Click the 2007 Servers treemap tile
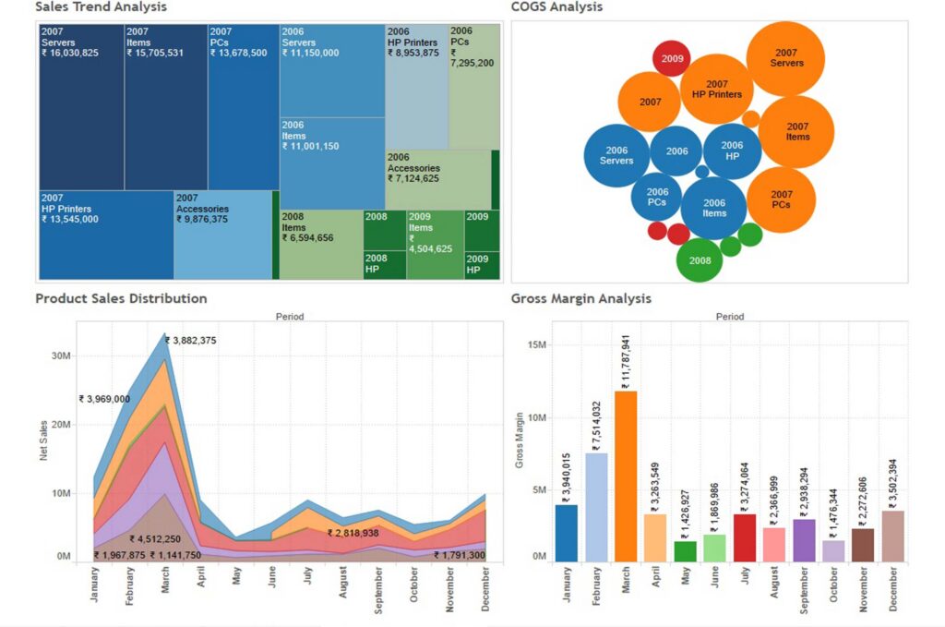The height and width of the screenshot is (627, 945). click(81, 106)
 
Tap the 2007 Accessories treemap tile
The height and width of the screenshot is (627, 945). click(222, 235)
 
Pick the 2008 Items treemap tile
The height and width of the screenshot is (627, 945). click(321, 244)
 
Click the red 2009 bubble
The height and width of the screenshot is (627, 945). click(672, 58)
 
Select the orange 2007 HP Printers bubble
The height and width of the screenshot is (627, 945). click(717, 89)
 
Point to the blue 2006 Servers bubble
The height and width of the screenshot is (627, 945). click(616, 155)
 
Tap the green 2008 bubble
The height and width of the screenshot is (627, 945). click(700, 260)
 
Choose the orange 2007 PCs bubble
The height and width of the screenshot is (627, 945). click(781, 199)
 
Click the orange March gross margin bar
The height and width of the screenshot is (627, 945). click(626, 476)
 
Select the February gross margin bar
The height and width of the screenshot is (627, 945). click(596, 507)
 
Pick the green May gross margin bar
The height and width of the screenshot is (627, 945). click(685, 551)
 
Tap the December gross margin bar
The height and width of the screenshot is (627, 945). click(892, 537)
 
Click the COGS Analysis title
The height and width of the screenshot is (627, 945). click(556, 7)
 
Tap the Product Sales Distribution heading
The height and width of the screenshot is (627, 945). click(121, 298)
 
